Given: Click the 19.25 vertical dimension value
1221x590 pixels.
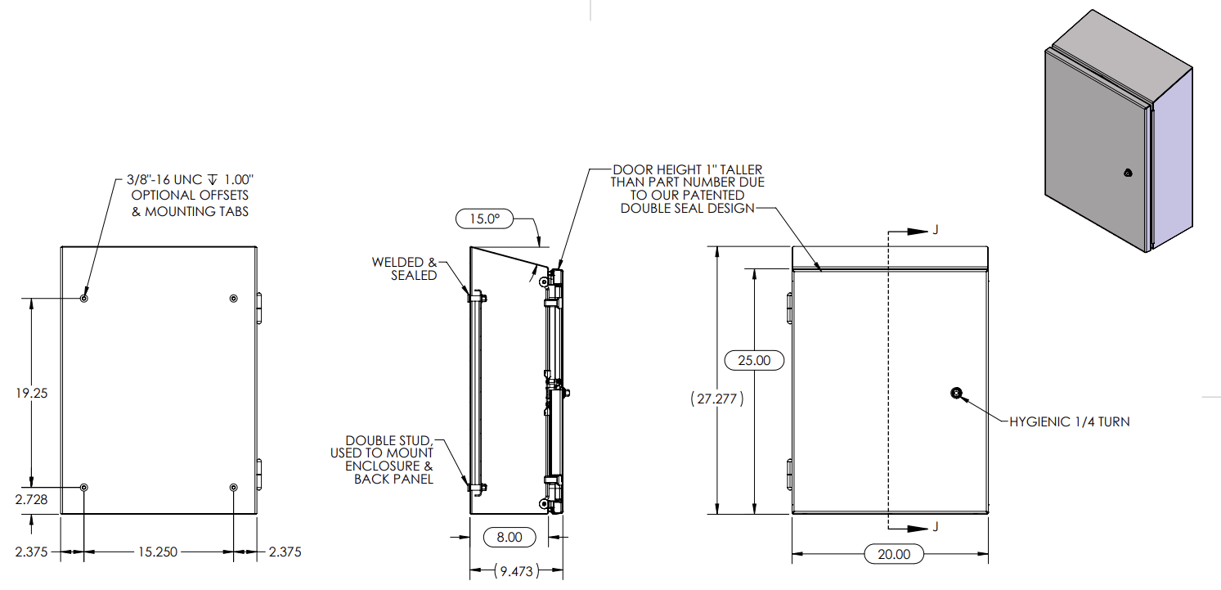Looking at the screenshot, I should coord(31,394).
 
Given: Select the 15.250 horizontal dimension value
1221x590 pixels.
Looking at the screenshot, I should coord(156,552).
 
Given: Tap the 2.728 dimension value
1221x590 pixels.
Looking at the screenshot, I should coord(31,499).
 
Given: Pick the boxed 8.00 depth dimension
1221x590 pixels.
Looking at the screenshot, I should coord(509,538).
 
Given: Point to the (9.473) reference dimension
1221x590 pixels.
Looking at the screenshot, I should coord(516,571).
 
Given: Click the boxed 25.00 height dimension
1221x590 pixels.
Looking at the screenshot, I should coord(754,360).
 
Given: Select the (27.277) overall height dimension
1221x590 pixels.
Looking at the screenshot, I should coord(717,400).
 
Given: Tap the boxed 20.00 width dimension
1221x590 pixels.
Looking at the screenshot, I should coord(893,554).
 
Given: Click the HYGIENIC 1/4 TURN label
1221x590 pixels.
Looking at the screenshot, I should coord(1069,422).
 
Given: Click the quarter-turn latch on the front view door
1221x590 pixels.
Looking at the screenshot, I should coord(956,394).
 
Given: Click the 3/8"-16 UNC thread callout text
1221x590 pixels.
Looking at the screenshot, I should coord(190,179).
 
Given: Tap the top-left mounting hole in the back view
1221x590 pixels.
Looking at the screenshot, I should coord(84,299).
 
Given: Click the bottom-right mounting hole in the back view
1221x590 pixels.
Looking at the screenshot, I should coord(233,488).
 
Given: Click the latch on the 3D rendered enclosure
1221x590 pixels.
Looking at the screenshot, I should coord(1128,173).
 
